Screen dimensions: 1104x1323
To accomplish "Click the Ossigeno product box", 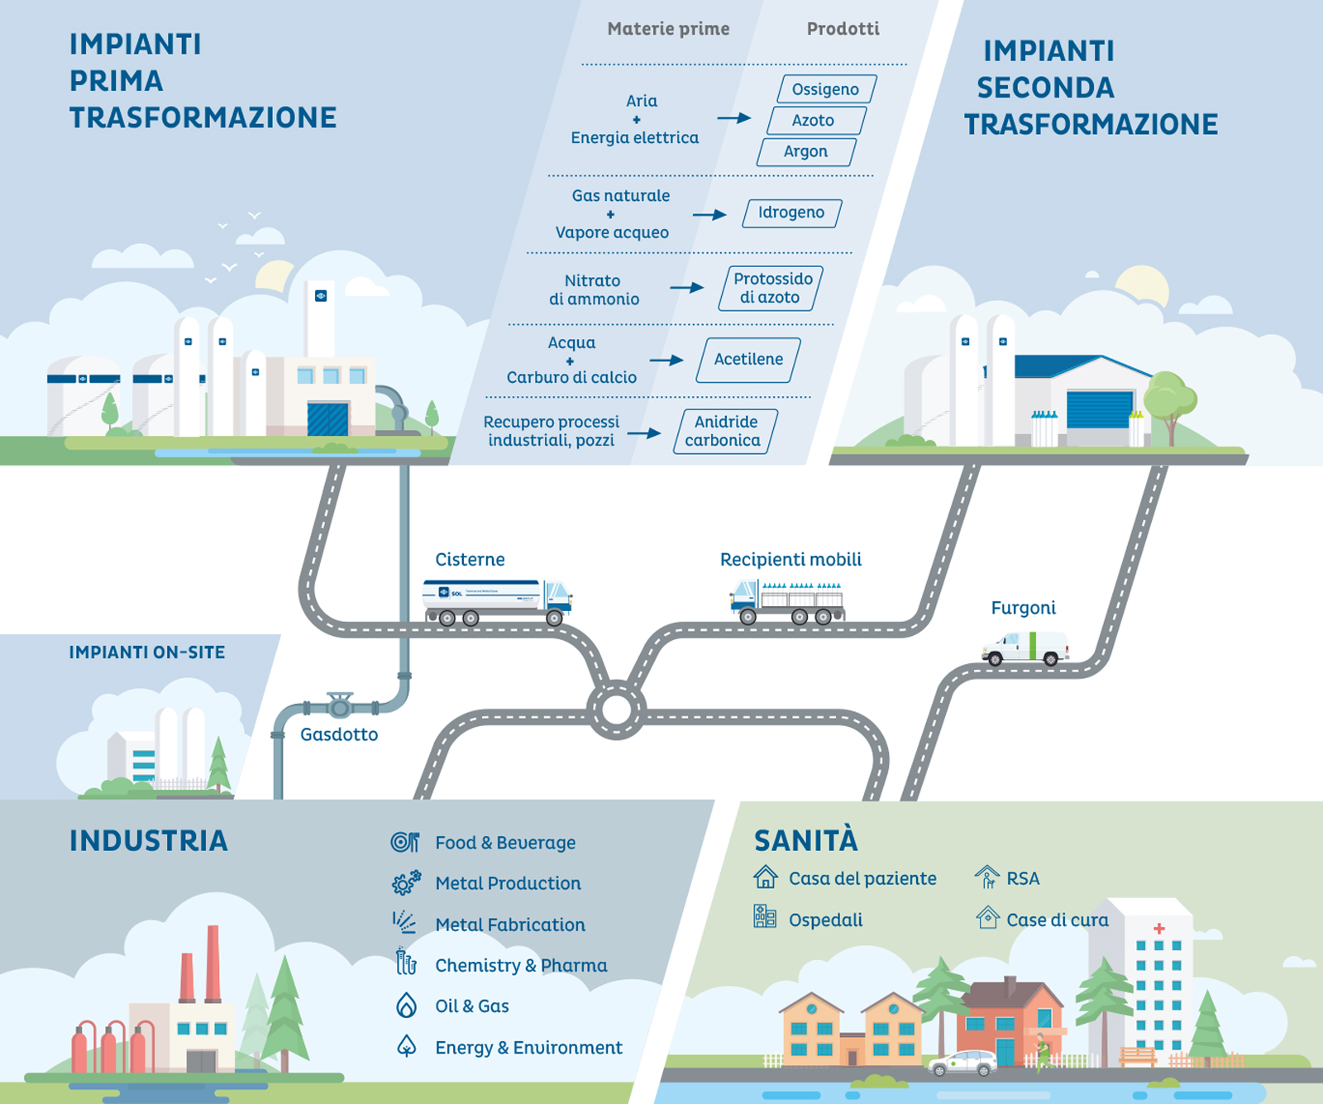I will click(x=826, y=89).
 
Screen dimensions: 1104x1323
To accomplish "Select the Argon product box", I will click(x=806, y=152).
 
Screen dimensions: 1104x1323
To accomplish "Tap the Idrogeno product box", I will click(x=791, y=213).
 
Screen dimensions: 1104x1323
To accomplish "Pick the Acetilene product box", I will click(x=748, y=360).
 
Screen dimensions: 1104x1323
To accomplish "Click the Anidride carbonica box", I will click(x=725, y=432).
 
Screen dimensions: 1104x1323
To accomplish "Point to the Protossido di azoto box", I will click(x=771, y=289).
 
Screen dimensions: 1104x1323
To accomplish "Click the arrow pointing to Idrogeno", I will click(x=709, y=215).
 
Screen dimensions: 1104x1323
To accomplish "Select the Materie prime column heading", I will click(x=668, y=30).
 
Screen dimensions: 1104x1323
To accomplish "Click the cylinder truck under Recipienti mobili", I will click(x=788, y=601).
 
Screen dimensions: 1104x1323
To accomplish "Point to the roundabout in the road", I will click(x=616, y=710).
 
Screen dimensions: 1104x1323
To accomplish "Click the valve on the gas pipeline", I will click(x=340, y=705).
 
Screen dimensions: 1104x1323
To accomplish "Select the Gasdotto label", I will click(x=339, y=735).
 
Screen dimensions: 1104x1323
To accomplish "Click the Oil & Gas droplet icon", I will click(x=406, y=1006).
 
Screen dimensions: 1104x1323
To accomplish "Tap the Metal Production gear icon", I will click(x=406, y=883).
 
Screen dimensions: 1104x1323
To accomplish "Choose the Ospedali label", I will click(x=825, y=920).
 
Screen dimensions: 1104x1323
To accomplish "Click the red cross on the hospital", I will click(x=1159, y=929).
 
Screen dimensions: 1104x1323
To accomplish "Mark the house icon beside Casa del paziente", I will click(x=766, y=877).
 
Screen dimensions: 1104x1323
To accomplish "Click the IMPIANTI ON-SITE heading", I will click(x=147, y=652).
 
